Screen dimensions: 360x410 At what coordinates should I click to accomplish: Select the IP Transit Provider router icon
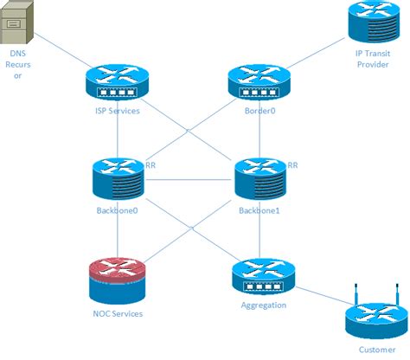pos(373,23)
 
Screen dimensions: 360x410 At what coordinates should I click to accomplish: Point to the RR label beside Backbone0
pos(151,164)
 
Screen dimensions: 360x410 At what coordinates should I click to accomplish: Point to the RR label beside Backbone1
pos(292,164)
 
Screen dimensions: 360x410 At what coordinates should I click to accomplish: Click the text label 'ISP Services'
pos(118,110)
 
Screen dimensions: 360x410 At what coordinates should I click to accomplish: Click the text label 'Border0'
pos(257,110)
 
